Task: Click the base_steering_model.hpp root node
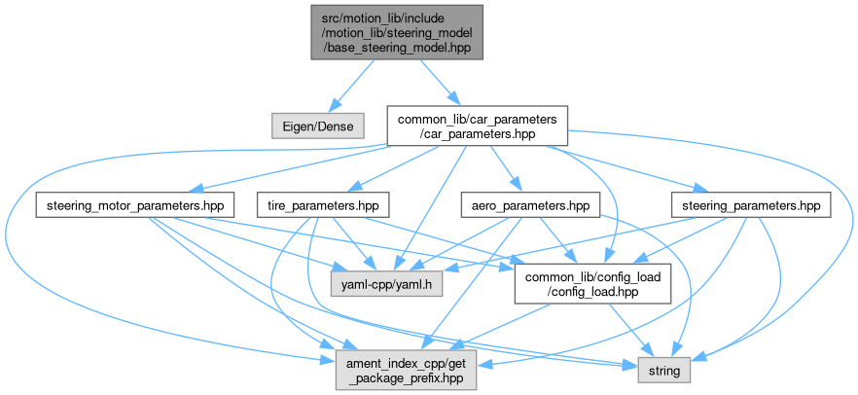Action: pyautogui.click(x=396, y=31)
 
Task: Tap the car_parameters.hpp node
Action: pyautogui.click(x=477, y=126)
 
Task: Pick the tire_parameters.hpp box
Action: pyautogui.click(x=323, y=205)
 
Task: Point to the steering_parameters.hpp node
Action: pyautogui.click(x=750, y=205)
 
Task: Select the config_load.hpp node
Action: pyautogui.click(x=593, y=285)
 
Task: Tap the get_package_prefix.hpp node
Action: pyautogui.click(x=407, y=370)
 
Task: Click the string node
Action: pyautogui.click(x=664, y=370)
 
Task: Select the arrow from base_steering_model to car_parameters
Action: pyautogui.click(x=437, y=82)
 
